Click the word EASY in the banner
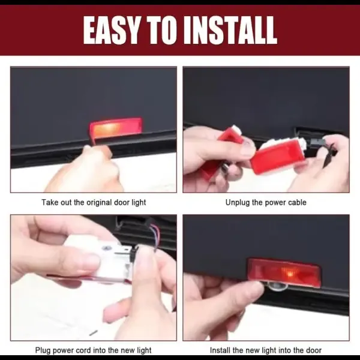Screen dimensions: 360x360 coord(112,30)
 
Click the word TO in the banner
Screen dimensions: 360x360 coord(162,30)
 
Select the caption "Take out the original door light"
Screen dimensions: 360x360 coord(94,203)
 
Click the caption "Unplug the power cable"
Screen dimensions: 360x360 coord(266,203)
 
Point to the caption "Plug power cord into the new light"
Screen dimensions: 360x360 coord(93,350)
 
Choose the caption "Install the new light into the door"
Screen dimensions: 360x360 coord(266,350)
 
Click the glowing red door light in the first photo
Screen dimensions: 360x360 coord(115,128)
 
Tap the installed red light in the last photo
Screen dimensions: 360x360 coord(284,273)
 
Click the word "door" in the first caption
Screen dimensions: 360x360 coord(122,203)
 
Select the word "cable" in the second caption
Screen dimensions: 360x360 coord(297,203)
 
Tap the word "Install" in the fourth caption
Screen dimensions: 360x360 coord(220,350)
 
